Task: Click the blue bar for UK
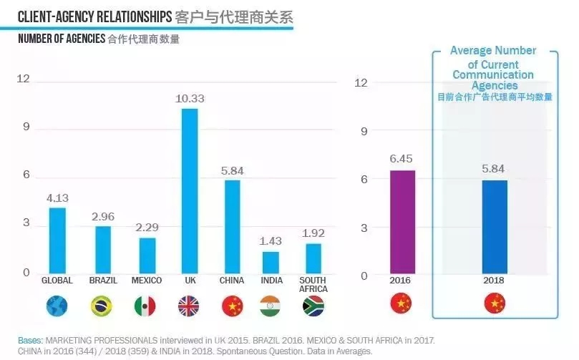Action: click(x=189, y=190)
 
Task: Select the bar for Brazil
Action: click(x=103, y=249)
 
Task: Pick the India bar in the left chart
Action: click(x=271, y=262)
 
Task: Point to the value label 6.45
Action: click(x=402, y=159)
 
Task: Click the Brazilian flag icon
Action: click(x=102, y=306)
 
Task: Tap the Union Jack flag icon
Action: click(x=189, y=306)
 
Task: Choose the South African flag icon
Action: click(x=313, y=306)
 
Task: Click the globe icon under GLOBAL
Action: click(x=57, y=306)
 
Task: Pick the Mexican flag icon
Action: click(x=145, y=306)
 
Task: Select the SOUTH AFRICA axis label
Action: click(x=313, y=284)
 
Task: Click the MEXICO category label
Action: click(x=147, y=281)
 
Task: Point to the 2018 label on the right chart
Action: click(x=494, y=281)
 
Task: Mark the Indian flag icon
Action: click(x=271, y=306)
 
